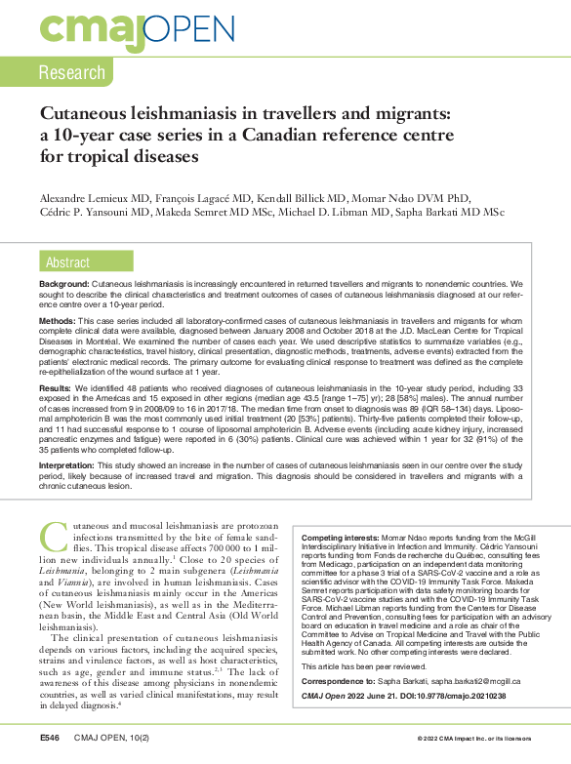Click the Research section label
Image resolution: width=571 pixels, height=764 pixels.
72,72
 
